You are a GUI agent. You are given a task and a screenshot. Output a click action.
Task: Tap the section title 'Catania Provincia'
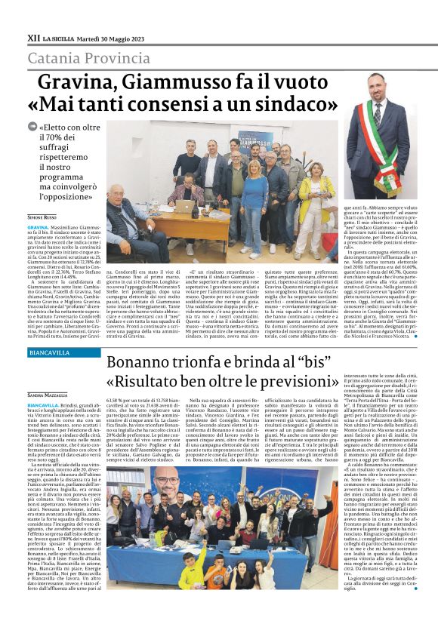pyautogui.click(x=89, y=58)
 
